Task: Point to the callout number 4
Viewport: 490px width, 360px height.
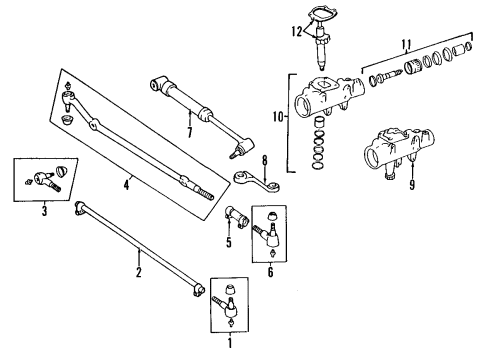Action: pyautogui.click(x=126, y=184)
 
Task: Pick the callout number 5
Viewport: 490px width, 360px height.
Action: pyautogui.click(x=228, y=241)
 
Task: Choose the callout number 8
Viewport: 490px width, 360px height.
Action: pyautogui.click(x=264, y=159)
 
